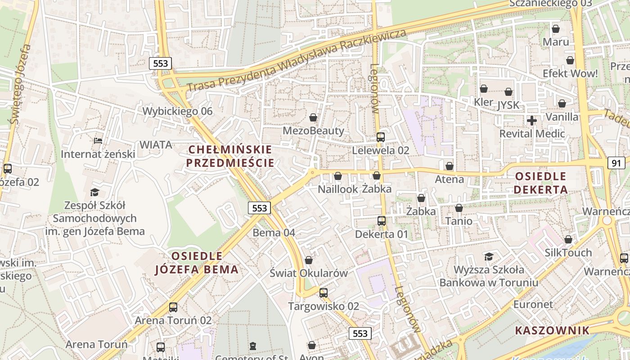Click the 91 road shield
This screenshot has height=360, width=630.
pyautogui.click(x=616, y=162)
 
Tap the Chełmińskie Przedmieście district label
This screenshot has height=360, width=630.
pyautogui.click(x=230, y=156)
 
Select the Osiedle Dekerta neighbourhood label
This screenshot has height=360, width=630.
pyautogui.click(x=540, y=183)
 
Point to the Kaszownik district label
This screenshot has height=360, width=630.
pyautogui.click(x=552, y=330)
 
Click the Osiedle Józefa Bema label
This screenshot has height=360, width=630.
pyautogui.click(x=197, y=263)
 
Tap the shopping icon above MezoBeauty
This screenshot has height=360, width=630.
pyautogui.click(x=313, y=117)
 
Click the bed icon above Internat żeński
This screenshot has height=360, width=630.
pyautogui.click(x=98, y=141)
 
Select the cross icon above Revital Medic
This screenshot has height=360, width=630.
pyautogui.click(x=532, y=120)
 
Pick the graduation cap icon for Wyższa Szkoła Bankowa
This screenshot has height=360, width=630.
pyautogui.click(x=489, y=256)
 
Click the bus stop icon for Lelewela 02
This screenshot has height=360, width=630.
pyautogui.click(x=381, y=137)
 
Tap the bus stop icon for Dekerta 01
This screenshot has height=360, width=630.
pyautogui.click(x=382, y=220)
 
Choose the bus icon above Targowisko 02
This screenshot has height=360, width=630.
pyautogui.click(x=324, y=292)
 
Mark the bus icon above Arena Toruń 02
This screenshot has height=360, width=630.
pyautogui.click(x=173, y=307)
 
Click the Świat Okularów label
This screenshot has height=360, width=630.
pyautogui.click(x=309, y=273)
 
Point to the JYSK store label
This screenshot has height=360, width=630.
pyautogui.click(x=508, y=105)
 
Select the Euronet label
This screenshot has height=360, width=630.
pyautogui.click(x=533, y=304)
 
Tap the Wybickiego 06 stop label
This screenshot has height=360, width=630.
pyautogui.click(x=177, y=111)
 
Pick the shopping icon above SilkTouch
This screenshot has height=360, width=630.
pyautogui.click(x=568, y=239)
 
